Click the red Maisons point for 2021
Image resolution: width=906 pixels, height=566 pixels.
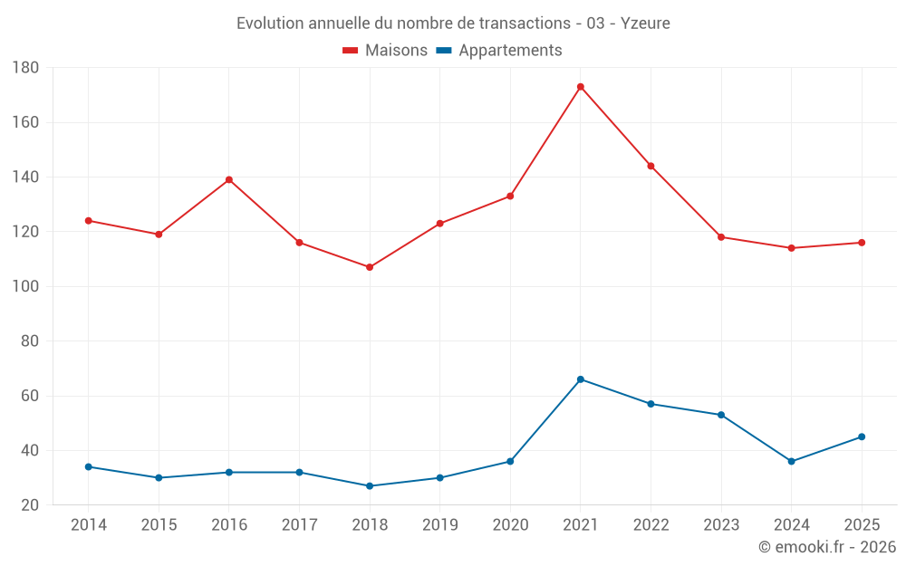[x=581, y=87]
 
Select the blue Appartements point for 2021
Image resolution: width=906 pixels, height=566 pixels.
[x=581, y=379]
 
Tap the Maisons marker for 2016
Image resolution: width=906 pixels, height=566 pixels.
[x=229, y=179]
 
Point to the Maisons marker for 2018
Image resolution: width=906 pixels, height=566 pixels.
[x=370, y=267]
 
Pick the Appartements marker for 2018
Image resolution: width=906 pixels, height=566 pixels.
[x=370, y=486]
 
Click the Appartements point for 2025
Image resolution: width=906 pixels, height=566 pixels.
[x=862, y=436]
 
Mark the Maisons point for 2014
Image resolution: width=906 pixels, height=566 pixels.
[x=89, y=221]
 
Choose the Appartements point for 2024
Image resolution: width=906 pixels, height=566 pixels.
[x=792, y=462]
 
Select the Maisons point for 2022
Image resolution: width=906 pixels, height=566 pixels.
[x=651, y=167]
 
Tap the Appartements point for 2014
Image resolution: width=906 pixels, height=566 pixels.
[x=89, y=466]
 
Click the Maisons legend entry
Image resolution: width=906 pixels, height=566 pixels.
[x=385, y=50]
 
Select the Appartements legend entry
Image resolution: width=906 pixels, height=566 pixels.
[x=498, y=50]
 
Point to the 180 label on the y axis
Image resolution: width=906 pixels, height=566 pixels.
[x=25, y=68]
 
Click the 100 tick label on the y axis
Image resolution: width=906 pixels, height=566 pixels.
[x=25, y=286]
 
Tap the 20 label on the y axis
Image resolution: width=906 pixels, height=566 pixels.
[x=30, y=504]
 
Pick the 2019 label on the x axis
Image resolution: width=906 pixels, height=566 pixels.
[x=439, y=524]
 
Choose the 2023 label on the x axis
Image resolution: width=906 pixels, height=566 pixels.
[x=721, y=524]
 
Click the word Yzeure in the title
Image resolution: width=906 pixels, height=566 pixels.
[x=645, y=24]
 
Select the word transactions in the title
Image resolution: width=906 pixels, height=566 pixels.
[x=525, y=24]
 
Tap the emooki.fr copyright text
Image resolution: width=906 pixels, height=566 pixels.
[x=827, y=546]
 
